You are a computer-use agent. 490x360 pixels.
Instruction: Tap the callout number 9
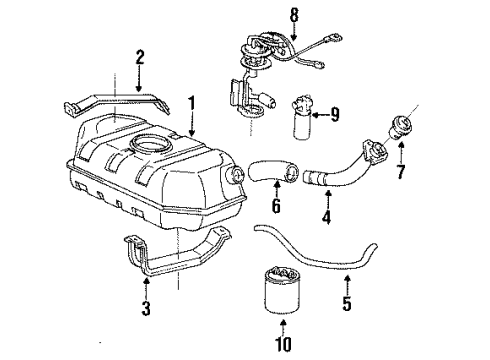point(334,116)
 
